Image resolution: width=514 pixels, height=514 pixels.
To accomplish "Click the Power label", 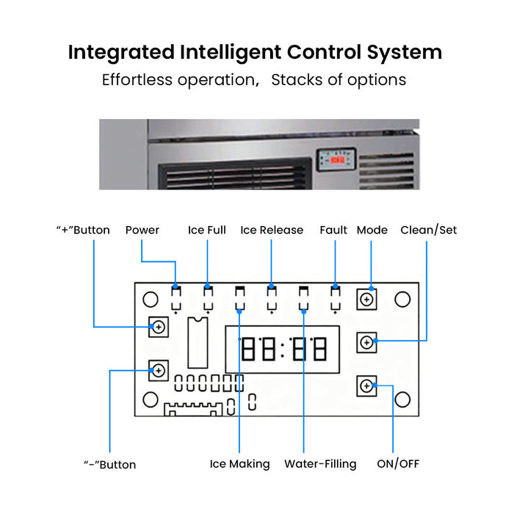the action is point(142,230).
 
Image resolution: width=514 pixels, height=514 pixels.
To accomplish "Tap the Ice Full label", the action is point(207,230).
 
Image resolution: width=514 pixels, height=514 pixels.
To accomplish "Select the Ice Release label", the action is point(272,230).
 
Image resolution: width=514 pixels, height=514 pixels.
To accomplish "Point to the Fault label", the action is point(333,230).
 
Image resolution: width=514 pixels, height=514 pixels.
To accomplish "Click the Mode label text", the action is point(372,230).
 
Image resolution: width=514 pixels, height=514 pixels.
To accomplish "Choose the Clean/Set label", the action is point(428,230).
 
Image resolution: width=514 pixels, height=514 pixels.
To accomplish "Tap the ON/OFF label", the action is point(398,464).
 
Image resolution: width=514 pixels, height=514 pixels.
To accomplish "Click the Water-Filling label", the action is point(320,464).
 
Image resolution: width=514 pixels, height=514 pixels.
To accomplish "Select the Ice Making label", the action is point(239,464).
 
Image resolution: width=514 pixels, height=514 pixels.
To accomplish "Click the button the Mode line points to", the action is point(366,300).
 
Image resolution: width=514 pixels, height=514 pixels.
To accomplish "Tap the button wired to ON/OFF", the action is point(366,385).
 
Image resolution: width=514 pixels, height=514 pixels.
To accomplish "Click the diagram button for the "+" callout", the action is point(159,327).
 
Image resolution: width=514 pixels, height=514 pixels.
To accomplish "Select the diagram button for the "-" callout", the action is point(159,371).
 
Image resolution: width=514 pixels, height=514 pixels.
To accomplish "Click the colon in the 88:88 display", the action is point(283,349).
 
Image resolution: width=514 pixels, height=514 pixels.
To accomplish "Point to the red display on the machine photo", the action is point(337,159).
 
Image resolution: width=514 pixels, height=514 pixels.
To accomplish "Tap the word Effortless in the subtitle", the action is point(137,79).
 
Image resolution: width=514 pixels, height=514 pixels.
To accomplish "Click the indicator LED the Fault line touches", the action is point(335,298).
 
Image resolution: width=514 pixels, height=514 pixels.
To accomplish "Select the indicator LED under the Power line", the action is point(176,298).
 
